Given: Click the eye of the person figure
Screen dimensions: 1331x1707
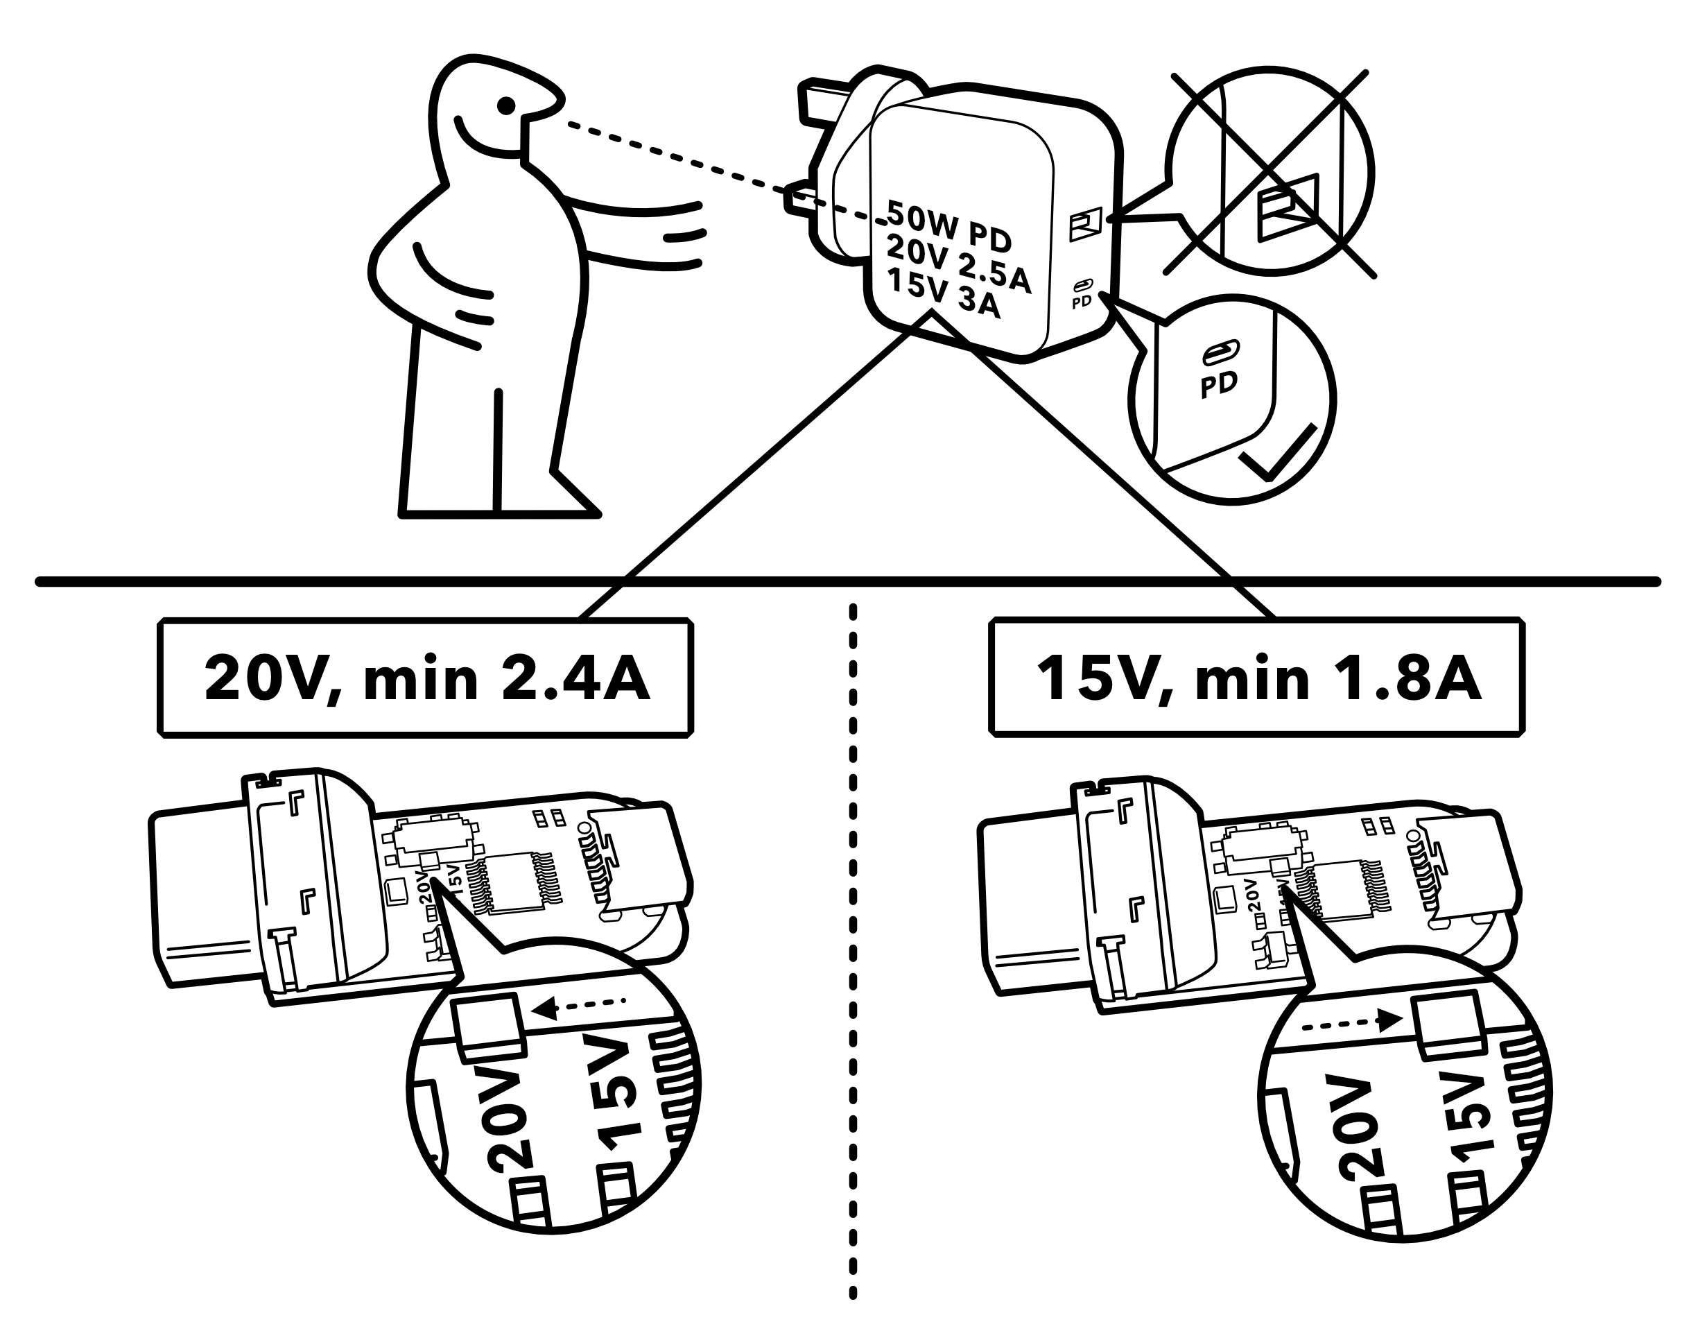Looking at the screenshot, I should (506, 104).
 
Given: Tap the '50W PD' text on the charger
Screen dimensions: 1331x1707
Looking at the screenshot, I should (949, 225).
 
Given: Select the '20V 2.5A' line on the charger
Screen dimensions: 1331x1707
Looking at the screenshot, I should (958, 264).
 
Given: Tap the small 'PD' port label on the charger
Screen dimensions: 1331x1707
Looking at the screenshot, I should (1082, 301).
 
